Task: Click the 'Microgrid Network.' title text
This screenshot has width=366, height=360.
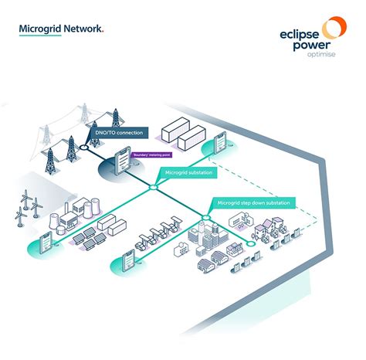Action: pyautogui.click(x=61, y=29)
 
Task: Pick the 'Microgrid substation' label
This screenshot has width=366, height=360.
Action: pyautogui.click(x=189, y=172)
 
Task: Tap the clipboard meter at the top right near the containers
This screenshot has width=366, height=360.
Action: pyautogui.click(x=219, y=143)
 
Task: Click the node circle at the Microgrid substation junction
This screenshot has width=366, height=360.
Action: pyautogui.click(x=153, y=187)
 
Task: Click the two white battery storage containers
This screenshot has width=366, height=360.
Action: pyautogui.click(x=179, y=138)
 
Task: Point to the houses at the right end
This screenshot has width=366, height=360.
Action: pyautogui.click(x=274, y=227)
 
